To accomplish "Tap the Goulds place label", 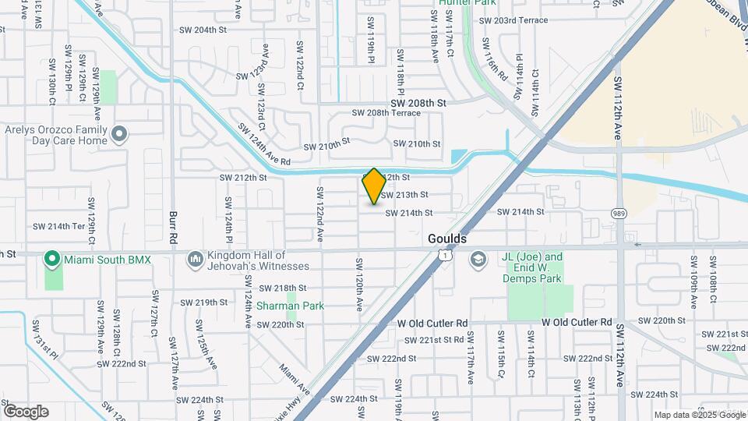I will (447, 239).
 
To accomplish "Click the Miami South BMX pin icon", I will (52, 258).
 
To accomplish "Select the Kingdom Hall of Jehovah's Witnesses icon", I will (195, 258).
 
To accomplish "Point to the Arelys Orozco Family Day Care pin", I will (118, 135).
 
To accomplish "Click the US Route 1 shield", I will (443, 255).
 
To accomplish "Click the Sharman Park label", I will (290, 306).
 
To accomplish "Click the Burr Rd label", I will (175, 226).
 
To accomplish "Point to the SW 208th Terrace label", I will (386, 112).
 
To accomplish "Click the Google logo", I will (26, 412).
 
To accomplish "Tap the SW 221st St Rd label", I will (431, 340).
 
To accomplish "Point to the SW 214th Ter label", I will (58, 226).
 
